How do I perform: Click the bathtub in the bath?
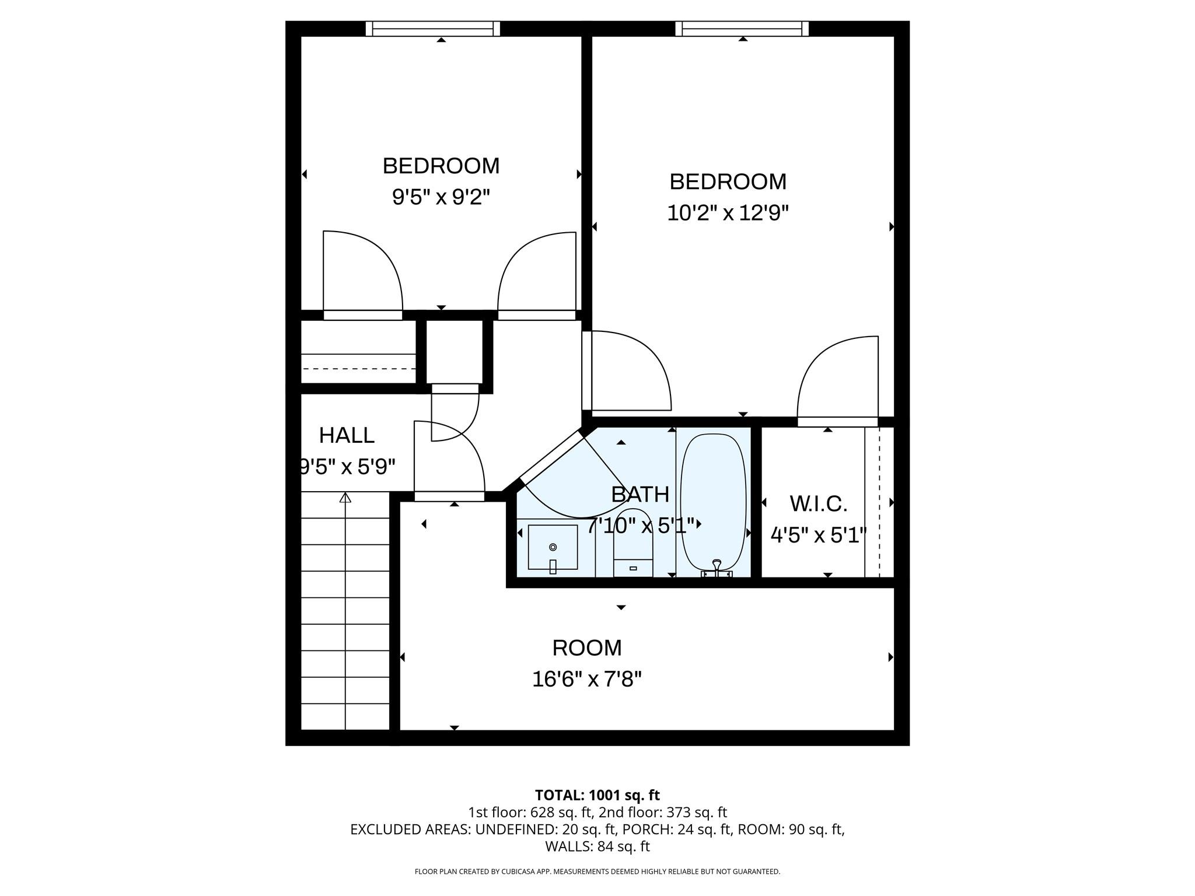coord(713,502)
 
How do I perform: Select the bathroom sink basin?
coord(553,547)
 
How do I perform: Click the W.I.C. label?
coord(818,504)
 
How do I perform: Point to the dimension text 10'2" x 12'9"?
coord(728,213)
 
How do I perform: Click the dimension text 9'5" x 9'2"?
coord(441,198)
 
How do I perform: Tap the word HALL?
coord(347,435)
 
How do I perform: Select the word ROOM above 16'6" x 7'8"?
coord(587,648)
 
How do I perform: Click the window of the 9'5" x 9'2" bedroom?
coord(433,29)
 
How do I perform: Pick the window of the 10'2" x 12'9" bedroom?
coord(742,29)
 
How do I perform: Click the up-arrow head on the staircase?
coord(345,498)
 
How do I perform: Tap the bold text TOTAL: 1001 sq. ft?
coord(597,795)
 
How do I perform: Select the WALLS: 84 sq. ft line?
coord(597,846)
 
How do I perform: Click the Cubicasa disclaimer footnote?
coord(597,871)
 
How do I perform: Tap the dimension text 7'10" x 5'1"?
coord(641,526)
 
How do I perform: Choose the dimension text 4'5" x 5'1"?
coord(818,535)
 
